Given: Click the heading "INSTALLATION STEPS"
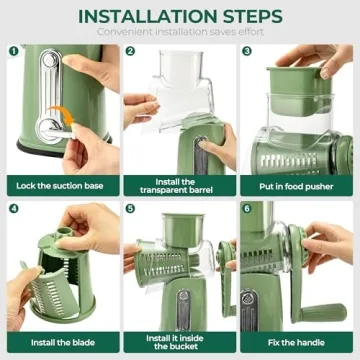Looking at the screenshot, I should point(180,17).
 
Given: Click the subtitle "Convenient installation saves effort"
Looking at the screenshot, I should point(180,33).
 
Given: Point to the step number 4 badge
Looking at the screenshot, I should point(13,209).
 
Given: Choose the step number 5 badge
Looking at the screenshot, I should point(131,209).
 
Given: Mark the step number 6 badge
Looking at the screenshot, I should point(248,209).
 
